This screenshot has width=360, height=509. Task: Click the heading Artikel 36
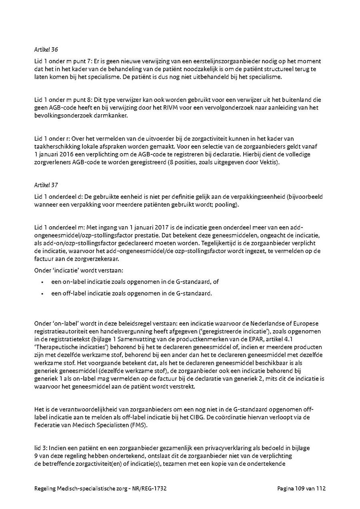(x=46, y=50)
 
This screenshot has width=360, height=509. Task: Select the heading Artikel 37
(x=46, y=185)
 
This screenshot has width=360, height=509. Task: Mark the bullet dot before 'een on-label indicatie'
(x=42, y=282)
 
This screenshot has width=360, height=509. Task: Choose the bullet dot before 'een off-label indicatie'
(x=42, y=293)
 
